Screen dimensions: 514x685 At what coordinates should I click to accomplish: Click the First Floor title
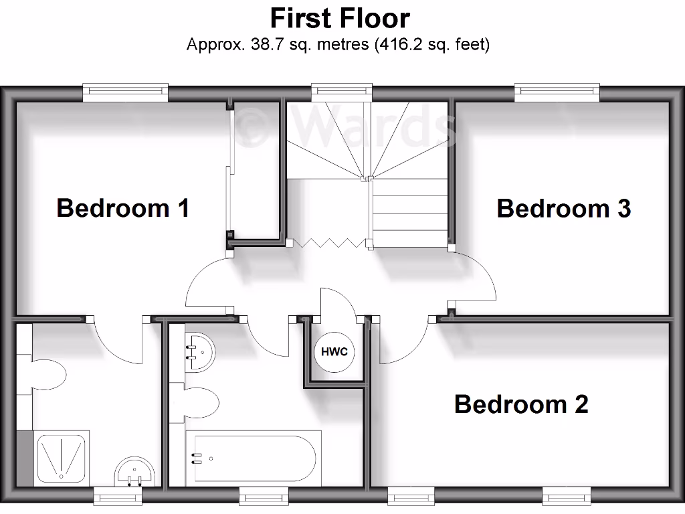(340, 17)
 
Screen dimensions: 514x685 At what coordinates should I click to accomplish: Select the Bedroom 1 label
(123, 207)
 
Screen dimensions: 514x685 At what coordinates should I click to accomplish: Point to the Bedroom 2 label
(521, 404)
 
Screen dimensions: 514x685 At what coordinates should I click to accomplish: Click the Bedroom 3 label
(564, 208)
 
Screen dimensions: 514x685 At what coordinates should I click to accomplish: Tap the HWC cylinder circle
(334, 352)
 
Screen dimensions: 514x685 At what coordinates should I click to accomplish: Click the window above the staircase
(341, 92)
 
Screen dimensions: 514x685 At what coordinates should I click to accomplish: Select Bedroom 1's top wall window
(125, 92)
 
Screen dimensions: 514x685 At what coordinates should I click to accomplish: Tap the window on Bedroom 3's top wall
(557, 92)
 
